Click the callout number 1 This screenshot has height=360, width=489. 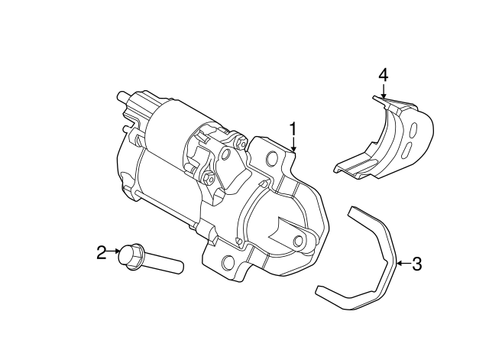click(x=293, y=128)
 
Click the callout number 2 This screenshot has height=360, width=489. click(x=101, y=251)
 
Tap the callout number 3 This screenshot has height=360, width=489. click(x=416, y=264)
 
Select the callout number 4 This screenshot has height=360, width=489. click(x=384, y=75)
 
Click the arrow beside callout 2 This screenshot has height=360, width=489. click(x=115, y=251)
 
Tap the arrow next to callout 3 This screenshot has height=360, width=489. click(x=402, y=264)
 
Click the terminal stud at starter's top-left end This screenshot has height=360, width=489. click(x=121, y=97)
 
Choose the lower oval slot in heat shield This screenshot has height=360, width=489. click(x=410, y=147)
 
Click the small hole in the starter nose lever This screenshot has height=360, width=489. click(x=297, y=242)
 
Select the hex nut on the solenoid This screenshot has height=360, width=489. click(x=209, y=180)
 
